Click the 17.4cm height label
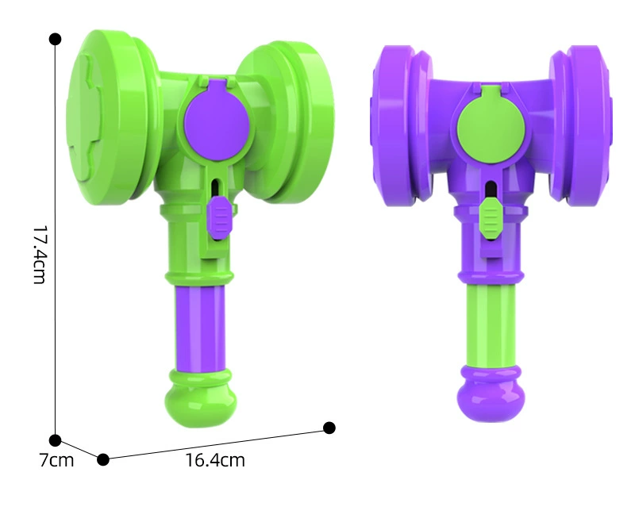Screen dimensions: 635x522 [x=40, y=255]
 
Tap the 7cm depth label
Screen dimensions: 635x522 [x=56, y=460]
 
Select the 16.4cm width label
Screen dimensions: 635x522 [x=215, y=460]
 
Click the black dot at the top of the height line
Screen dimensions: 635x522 [x=55, y=39]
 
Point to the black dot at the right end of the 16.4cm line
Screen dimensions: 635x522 [x=329, y=428]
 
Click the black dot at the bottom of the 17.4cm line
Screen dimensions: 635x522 [x=55, y=440]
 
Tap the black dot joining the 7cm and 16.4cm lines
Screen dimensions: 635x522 [x=103, y=459]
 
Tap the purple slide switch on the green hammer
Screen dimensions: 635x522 [x=221, y=216]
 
